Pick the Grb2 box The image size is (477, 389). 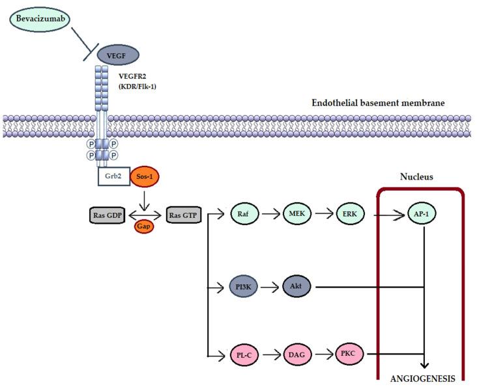click(x=115, y=175)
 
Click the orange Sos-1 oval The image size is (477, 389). click(x=147, y=175)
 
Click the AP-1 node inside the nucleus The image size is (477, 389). click(x=424, y=213)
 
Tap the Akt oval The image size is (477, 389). click(x=300, y=286)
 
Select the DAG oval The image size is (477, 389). click(x=300, y=355)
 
